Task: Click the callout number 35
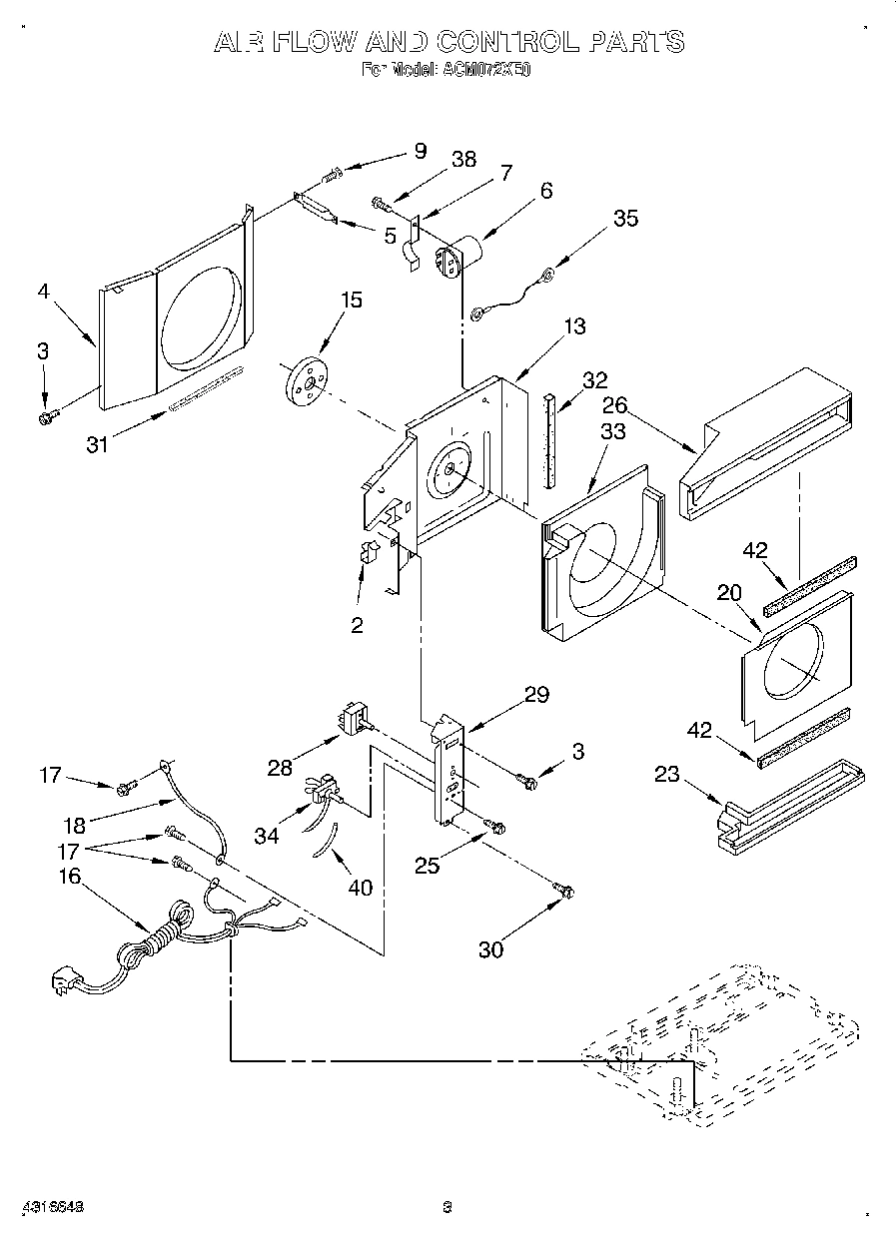tap(625, 219)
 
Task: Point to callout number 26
tap(614, 405)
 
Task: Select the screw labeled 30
tap(563, 887)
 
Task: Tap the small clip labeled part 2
tap(368, 553)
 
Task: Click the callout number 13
tap(574, 326)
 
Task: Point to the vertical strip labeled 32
tap(548, 439)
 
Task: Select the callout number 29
tap(536, 695)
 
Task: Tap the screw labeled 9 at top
tap(332, 177)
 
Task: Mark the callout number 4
tap(43, 294)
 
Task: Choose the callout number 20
tap(730, 592)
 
